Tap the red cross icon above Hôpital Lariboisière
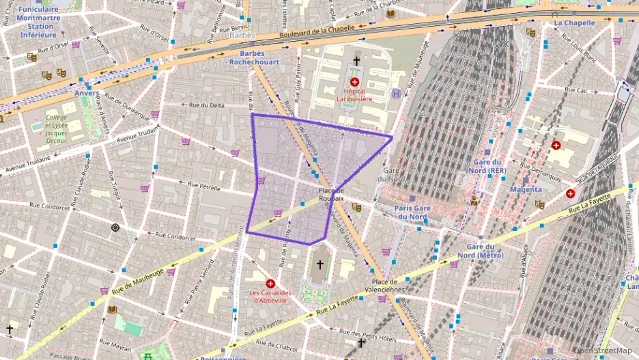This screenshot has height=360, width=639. (x=355, y=82)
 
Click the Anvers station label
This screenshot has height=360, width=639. (x=87, y=93)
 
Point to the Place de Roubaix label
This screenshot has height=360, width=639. (x=332, y=193)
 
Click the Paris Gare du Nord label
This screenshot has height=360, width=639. (x=410, y=212)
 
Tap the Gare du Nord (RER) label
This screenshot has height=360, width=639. (x=489, y=166)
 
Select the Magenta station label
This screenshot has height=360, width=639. (x=526, y=189)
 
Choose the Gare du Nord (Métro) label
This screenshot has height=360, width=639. (x=485, y=251)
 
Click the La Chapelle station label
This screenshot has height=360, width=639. (x=574, y=23)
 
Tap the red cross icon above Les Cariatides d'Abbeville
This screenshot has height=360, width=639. (x=271, y=283)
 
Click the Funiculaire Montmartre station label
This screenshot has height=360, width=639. (x=38, y=20)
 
